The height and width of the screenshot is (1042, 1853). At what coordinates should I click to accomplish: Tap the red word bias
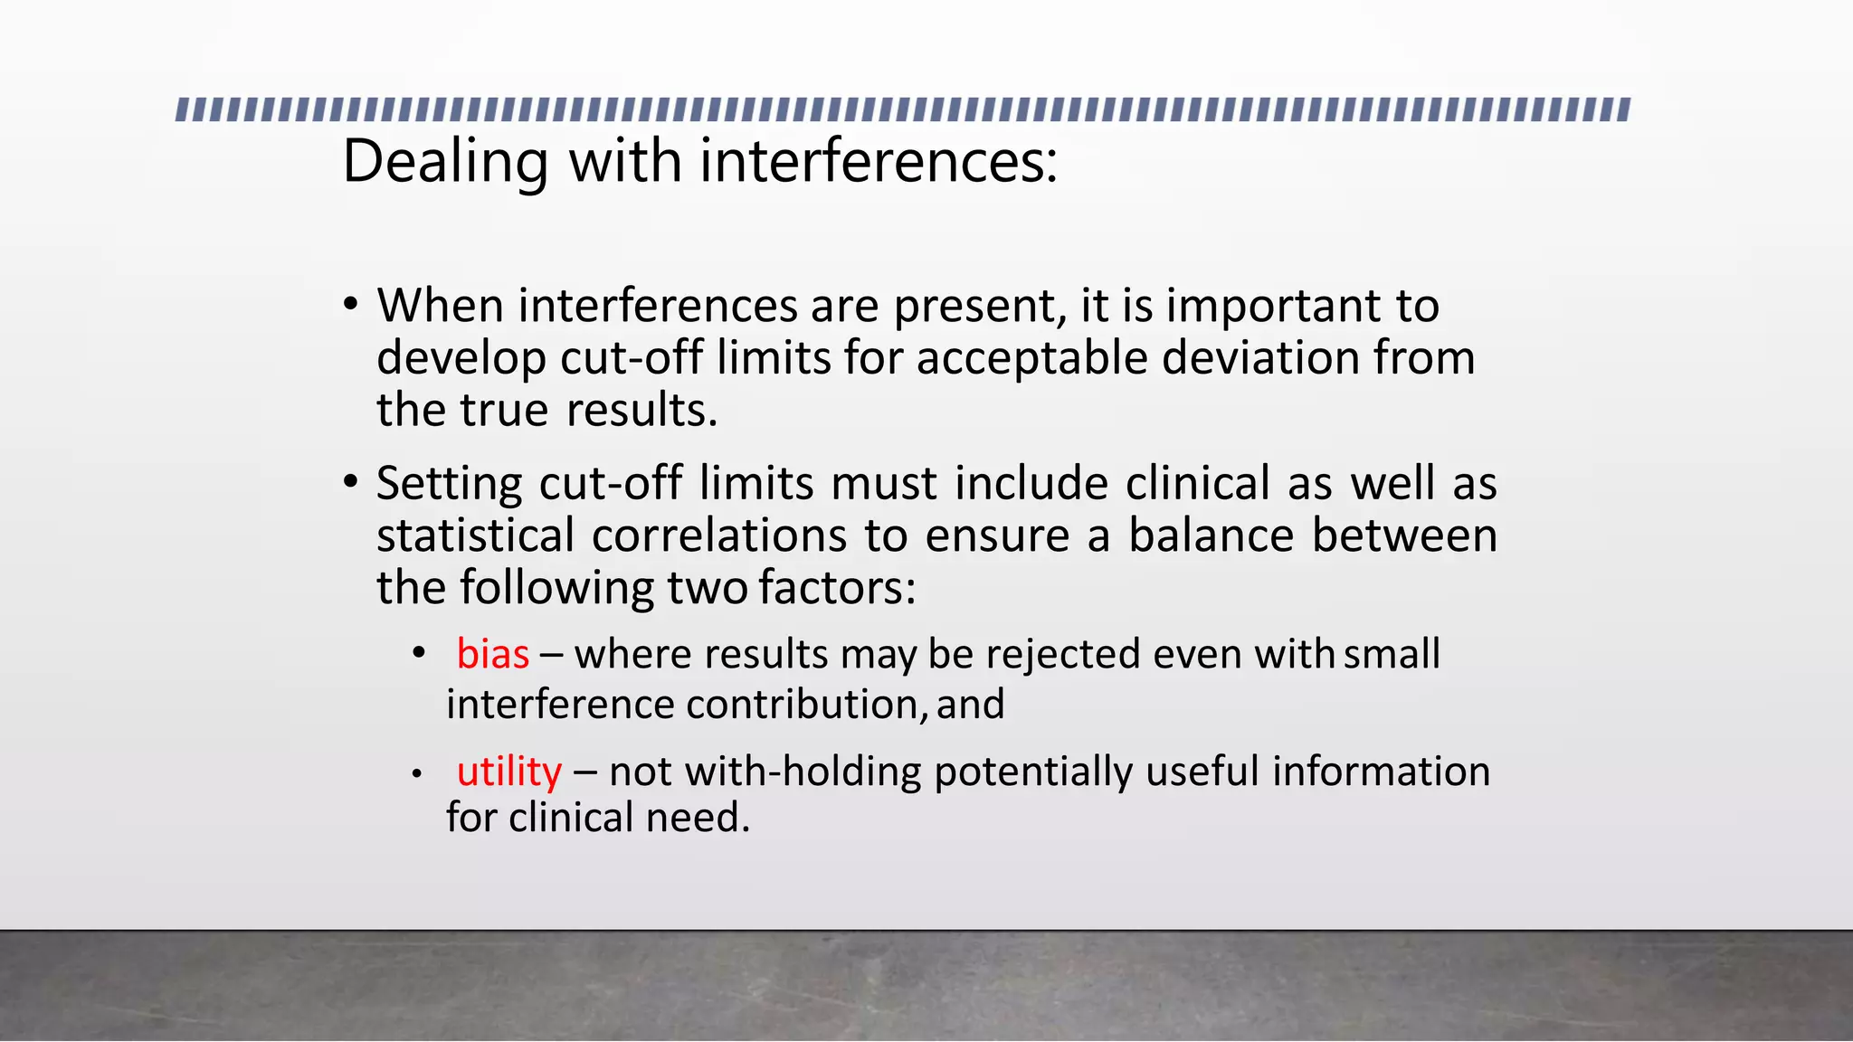[492, 654]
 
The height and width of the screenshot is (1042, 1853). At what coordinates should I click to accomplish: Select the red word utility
[508, 772]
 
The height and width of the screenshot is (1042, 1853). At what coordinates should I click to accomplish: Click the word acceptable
[1031, 357]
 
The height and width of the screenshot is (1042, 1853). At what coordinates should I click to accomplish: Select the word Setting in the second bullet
[449, 483]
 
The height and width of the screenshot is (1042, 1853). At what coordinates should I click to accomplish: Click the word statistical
[475, 535]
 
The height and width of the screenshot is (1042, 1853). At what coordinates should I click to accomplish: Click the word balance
[1211, 535]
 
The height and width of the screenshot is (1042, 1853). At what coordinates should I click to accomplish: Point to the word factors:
[837, 588]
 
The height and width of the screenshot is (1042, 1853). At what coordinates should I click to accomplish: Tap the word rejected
[1063, 654]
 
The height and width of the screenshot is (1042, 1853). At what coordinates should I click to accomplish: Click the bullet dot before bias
[417, 652]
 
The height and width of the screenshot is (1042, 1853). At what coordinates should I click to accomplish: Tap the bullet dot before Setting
[351, 482]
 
